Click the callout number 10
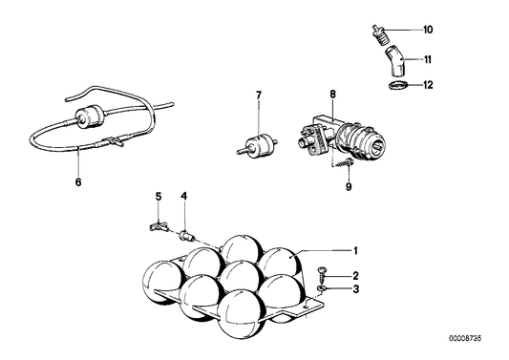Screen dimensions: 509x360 coord(428,30)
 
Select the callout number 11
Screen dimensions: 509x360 coord(428,60)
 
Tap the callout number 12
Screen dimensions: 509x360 coord(428,85)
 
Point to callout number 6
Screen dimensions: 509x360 coord(78,182)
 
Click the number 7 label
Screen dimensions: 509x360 coord(259,95)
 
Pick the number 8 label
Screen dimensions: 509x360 coord(332,95)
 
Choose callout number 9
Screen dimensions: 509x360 coord(349,187)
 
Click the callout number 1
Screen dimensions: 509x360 coord(356,251)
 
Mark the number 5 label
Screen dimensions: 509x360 coord(159,197)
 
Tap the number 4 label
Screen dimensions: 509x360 coord(184,196)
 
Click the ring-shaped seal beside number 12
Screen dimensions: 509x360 coord(396,86)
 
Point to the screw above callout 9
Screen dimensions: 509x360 coord(344,162)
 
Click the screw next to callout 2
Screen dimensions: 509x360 coord(322,273)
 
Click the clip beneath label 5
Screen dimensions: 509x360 coord(159,226)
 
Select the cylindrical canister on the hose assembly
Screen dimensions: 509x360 coord(88,117)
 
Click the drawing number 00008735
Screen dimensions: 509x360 coord(465,339)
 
